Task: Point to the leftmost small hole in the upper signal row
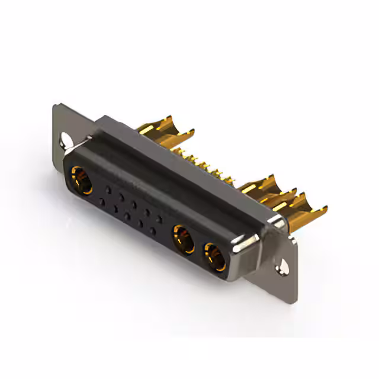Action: pos(108,190)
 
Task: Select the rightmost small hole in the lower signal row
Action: pos(153,231)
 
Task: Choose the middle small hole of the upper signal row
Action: pos(134,204)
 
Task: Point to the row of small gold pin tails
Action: pos(207,166)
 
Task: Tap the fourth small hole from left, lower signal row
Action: pos(140,224)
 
